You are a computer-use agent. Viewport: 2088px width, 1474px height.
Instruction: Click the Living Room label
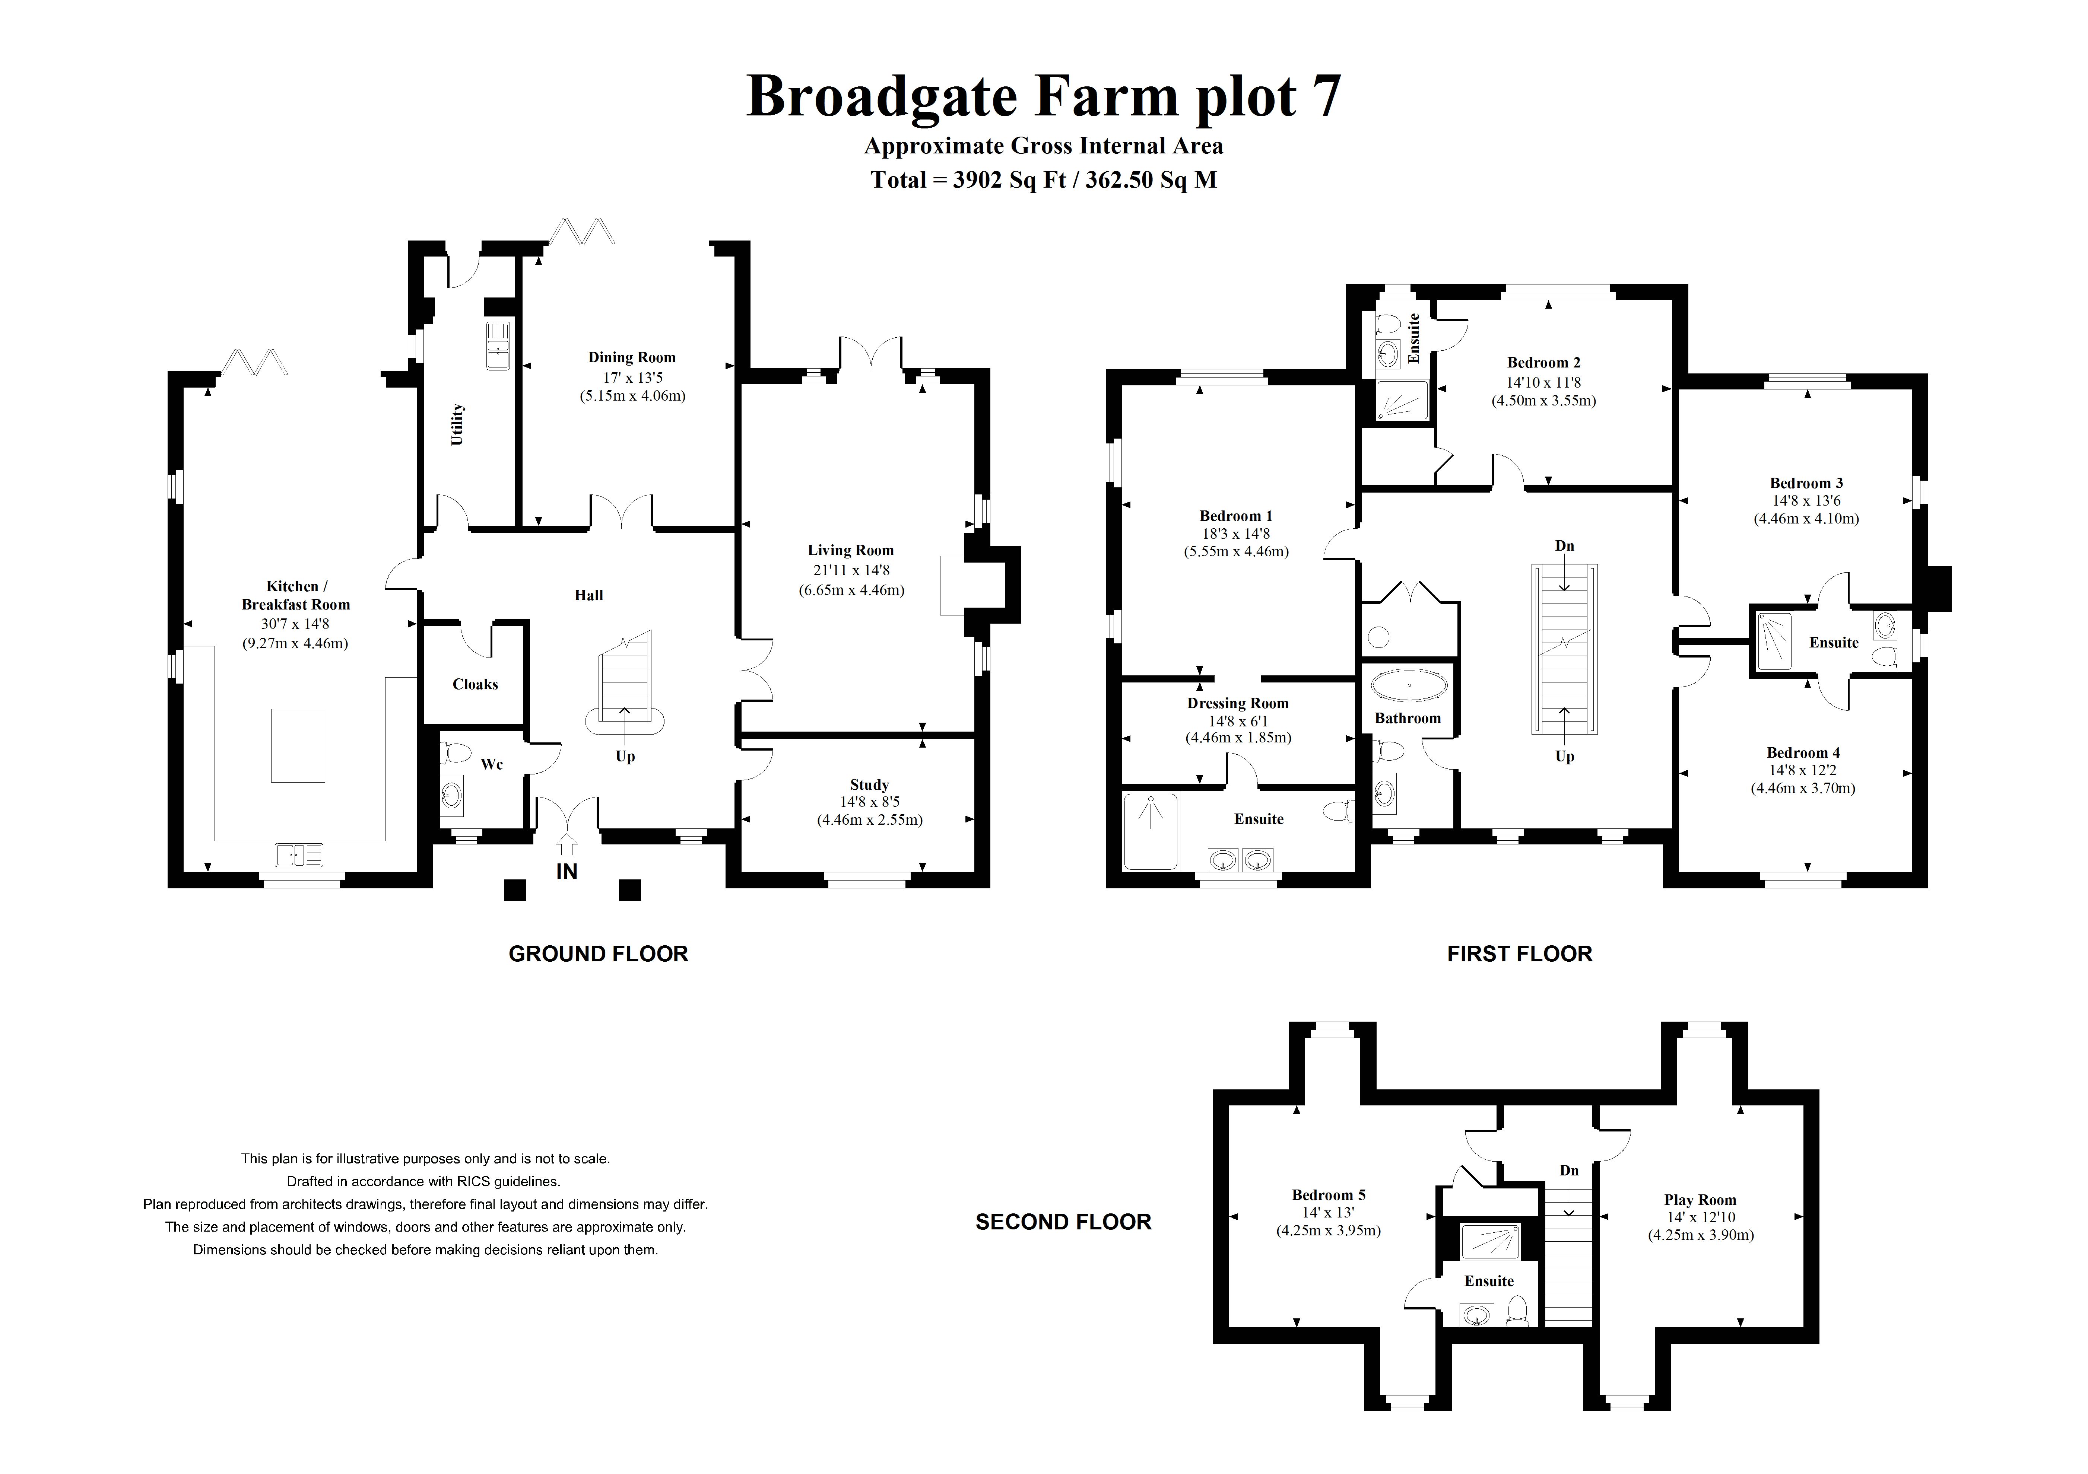click(850, 550)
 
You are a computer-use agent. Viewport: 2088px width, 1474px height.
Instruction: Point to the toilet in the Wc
click(455, 754)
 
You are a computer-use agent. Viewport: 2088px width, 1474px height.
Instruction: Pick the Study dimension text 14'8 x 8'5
click(869, 802)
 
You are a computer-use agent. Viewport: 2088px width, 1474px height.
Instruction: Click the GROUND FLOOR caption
click(599, 954)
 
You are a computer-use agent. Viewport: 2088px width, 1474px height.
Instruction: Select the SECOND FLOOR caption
click(1063, 1222)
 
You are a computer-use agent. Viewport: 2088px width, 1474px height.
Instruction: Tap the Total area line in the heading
click(1043, 180)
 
